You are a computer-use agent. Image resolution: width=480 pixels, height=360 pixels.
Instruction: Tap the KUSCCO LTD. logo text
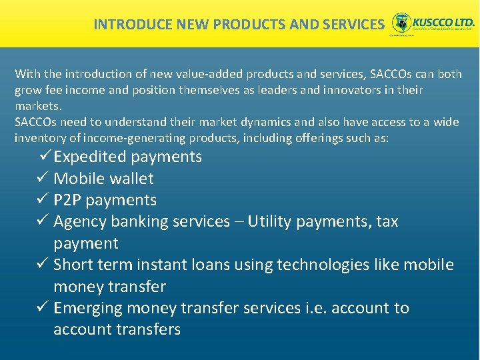click(x=444, y=21)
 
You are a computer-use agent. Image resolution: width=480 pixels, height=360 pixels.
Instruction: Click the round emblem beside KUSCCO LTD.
click(x=401, y=23)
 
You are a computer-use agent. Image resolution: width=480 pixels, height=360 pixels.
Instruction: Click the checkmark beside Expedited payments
click(x=45, y=157)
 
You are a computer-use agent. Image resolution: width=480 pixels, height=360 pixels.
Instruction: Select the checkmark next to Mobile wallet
click(x=42, y=178)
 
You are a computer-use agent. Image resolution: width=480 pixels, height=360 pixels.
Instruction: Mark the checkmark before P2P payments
click(x=42, y=200)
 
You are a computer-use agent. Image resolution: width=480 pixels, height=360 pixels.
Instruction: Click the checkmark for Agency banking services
click(x=42, y=221)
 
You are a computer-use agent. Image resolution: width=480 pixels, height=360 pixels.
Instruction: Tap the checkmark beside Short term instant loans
click(x=42, y=265)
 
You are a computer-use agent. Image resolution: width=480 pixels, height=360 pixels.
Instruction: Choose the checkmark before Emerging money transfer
click(x=42, y=308)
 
